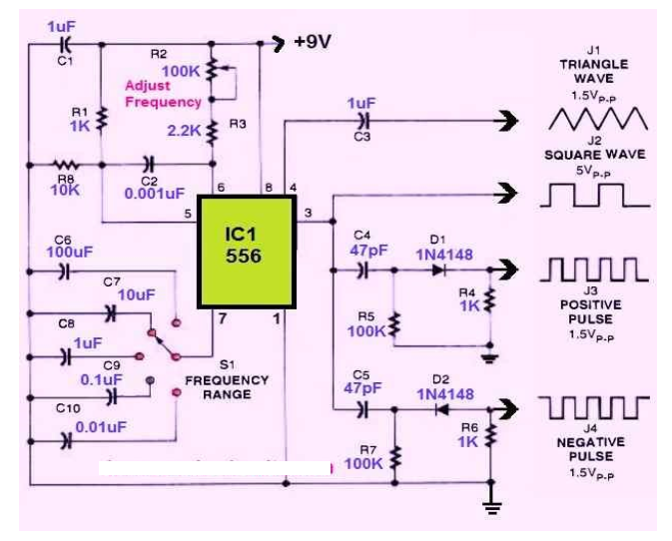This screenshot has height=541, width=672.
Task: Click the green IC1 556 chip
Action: point(246,252)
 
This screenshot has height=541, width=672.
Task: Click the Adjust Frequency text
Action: point(163,94)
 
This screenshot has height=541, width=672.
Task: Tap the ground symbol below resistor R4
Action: point(490,353)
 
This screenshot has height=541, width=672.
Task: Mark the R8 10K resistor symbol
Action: point(68,164)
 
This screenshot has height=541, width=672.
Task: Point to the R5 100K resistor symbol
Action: point(395,324)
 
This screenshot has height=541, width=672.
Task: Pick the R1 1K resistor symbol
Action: point(102,121)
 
